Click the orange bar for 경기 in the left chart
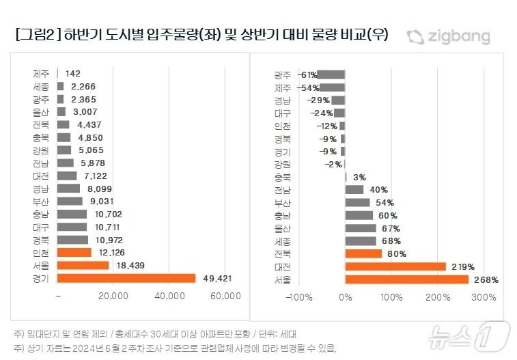click(126, 278)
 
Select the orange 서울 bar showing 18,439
click(83, 265)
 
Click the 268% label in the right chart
click(486, 279)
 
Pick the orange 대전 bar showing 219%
click(395, 266)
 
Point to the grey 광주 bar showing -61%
click(331, 74)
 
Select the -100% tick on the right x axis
click(298, 297)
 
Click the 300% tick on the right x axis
click(484, 297)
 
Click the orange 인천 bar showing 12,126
click(74, 252)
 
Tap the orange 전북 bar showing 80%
click(363, 253)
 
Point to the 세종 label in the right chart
click(282, 240)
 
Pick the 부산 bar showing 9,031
click(70, 201)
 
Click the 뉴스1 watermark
click(469, 335)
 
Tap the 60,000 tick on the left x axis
click(225, 295)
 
